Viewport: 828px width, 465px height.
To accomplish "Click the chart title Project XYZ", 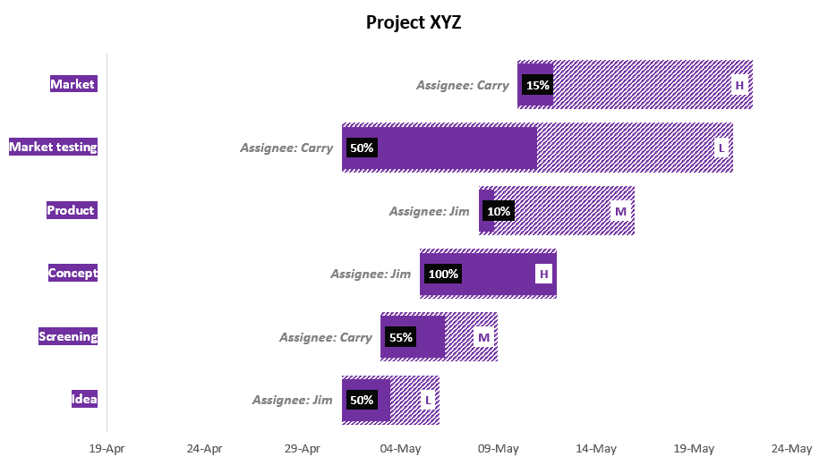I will coord(414,22).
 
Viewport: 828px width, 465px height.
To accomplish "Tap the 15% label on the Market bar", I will coord(538,86).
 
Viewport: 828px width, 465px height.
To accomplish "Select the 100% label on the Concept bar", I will coord(443,274).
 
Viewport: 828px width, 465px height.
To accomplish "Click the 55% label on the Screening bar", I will coord(400,337).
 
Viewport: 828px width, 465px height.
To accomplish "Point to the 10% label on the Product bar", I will coord(499,211).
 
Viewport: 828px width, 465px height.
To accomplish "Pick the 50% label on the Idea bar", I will coord(362,401).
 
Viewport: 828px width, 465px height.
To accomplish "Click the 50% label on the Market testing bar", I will coord(362,148).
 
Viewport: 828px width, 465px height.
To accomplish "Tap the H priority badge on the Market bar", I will coord(739,86).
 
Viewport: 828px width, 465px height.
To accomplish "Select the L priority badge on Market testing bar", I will coord(721,148).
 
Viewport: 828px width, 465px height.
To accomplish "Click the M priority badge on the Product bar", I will coord(620,211).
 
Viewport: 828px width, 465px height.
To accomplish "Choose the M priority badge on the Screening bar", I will coord(483,337).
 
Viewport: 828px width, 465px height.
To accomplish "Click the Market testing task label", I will coord(53,147).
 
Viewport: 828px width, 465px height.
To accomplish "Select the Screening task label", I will coord(68,336).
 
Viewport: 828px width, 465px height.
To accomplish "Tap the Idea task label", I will coord(84,400).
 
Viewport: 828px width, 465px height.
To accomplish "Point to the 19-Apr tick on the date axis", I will coord(107,448).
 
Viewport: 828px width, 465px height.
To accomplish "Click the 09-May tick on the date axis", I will coord(498,448).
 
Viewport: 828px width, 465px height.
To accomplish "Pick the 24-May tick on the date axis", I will coord(791,448).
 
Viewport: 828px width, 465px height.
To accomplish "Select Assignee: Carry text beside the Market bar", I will coord(463,86).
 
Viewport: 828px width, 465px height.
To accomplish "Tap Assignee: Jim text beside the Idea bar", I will coord(293,401).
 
